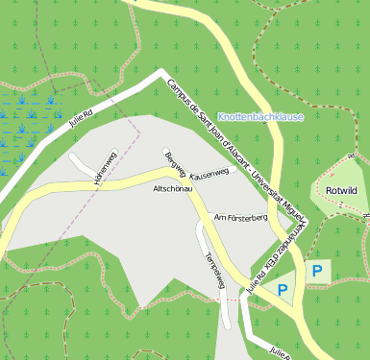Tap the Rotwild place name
coord(341,191)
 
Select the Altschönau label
coord(174,189)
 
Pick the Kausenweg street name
coord(210,175)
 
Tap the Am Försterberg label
coord(239,218)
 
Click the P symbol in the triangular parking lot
coord(282,288)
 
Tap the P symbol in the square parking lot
coord(316,272)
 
